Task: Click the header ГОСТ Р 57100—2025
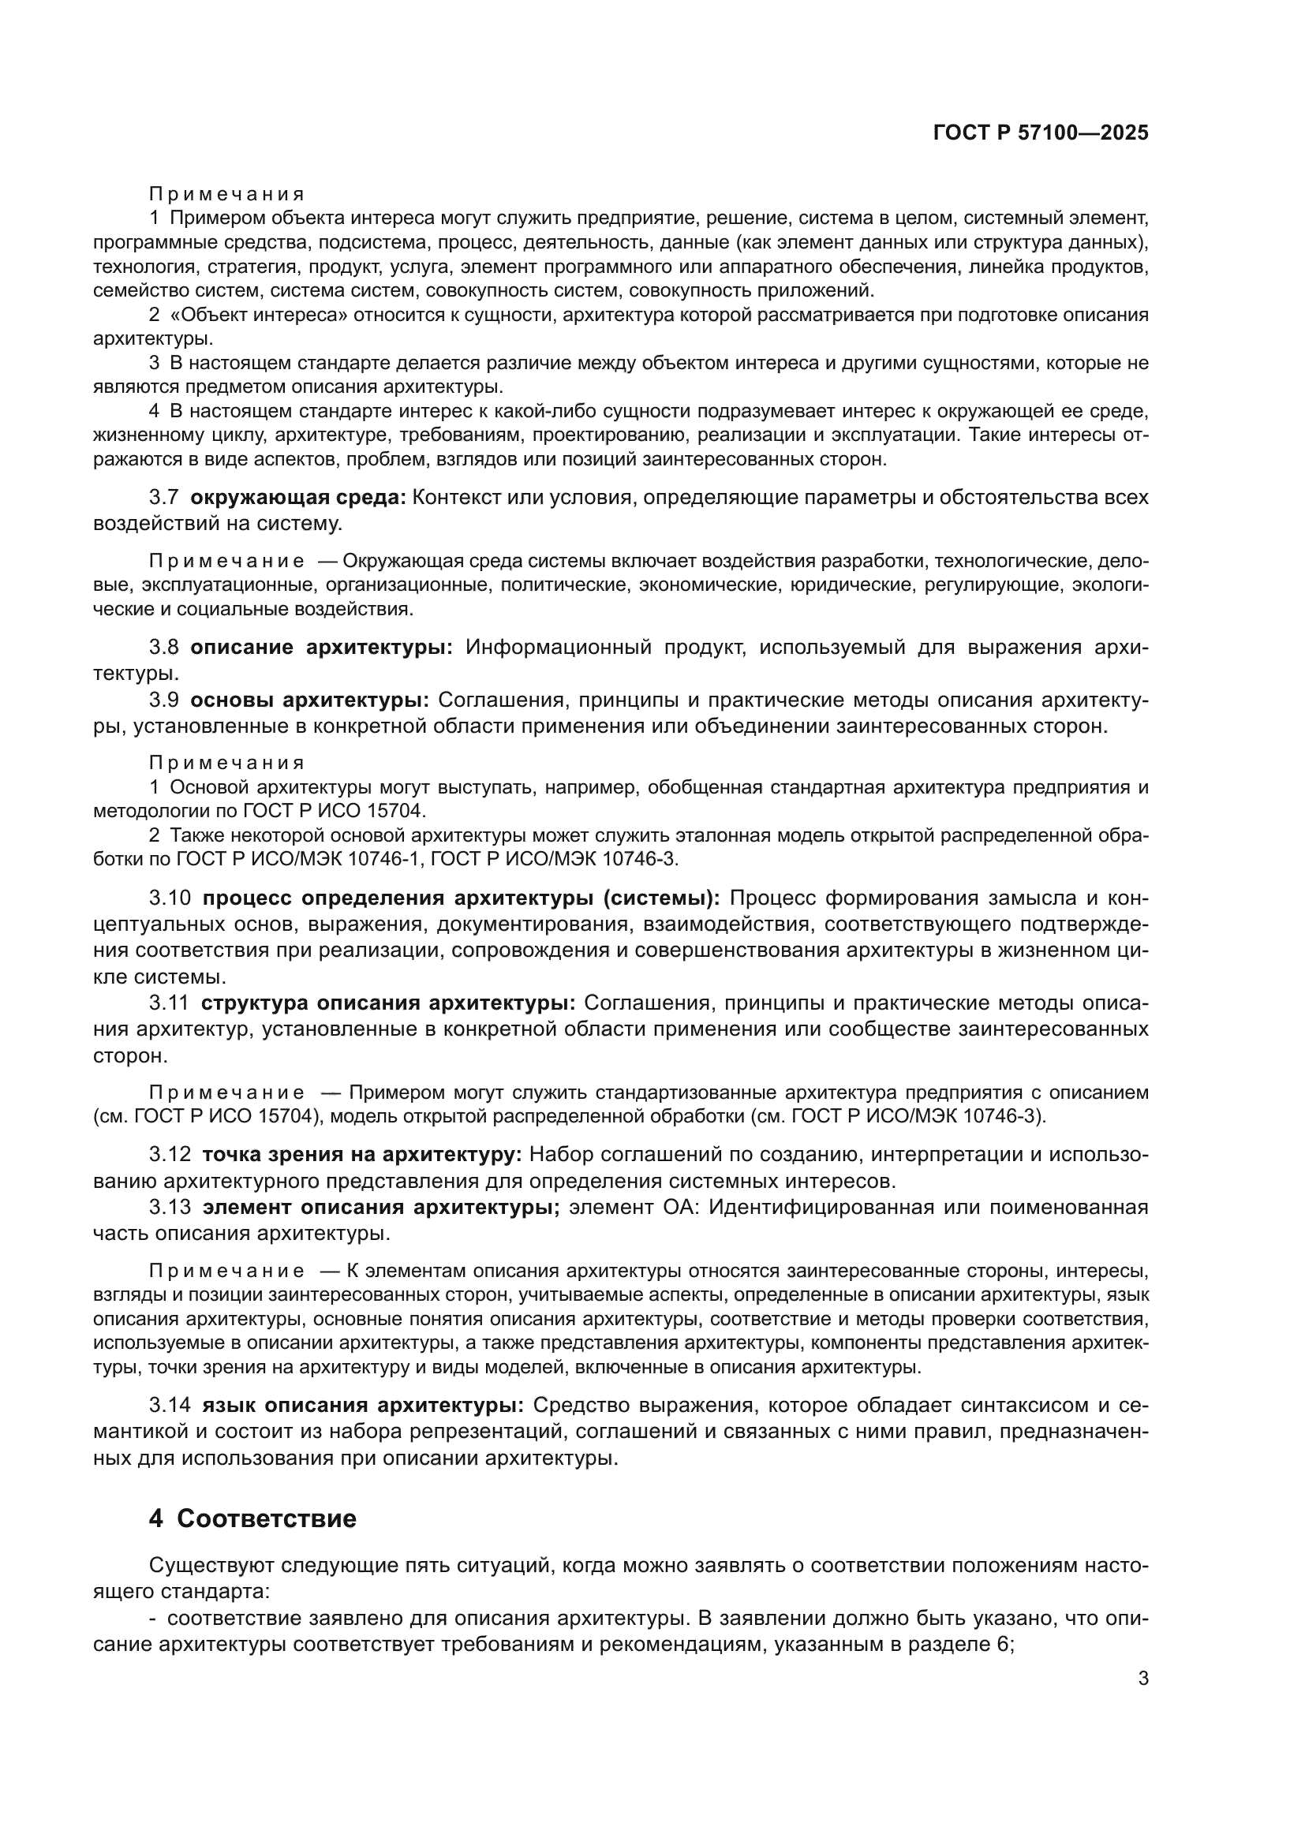pyautogui.click(x=1041, y=133)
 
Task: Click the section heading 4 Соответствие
pyautogui.click(x=252, y=1519)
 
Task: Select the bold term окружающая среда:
pyautogui.click(x=298, y=498)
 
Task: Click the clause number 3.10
pyautogui.click(x=170, y=898)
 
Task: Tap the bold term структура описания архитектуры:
pyautogui.click(x=388, y=1003)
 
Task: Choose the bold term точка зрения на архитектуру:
pyautogui.click(x=361, y=1155)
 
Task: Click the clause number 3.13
pyautogui.click(x=170, y=1207)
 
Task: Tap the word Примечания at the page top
pyautogui.click(x=226, y=195)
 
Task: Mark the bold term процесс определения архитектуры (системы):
pyautogui.click(x=461, y=898)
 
